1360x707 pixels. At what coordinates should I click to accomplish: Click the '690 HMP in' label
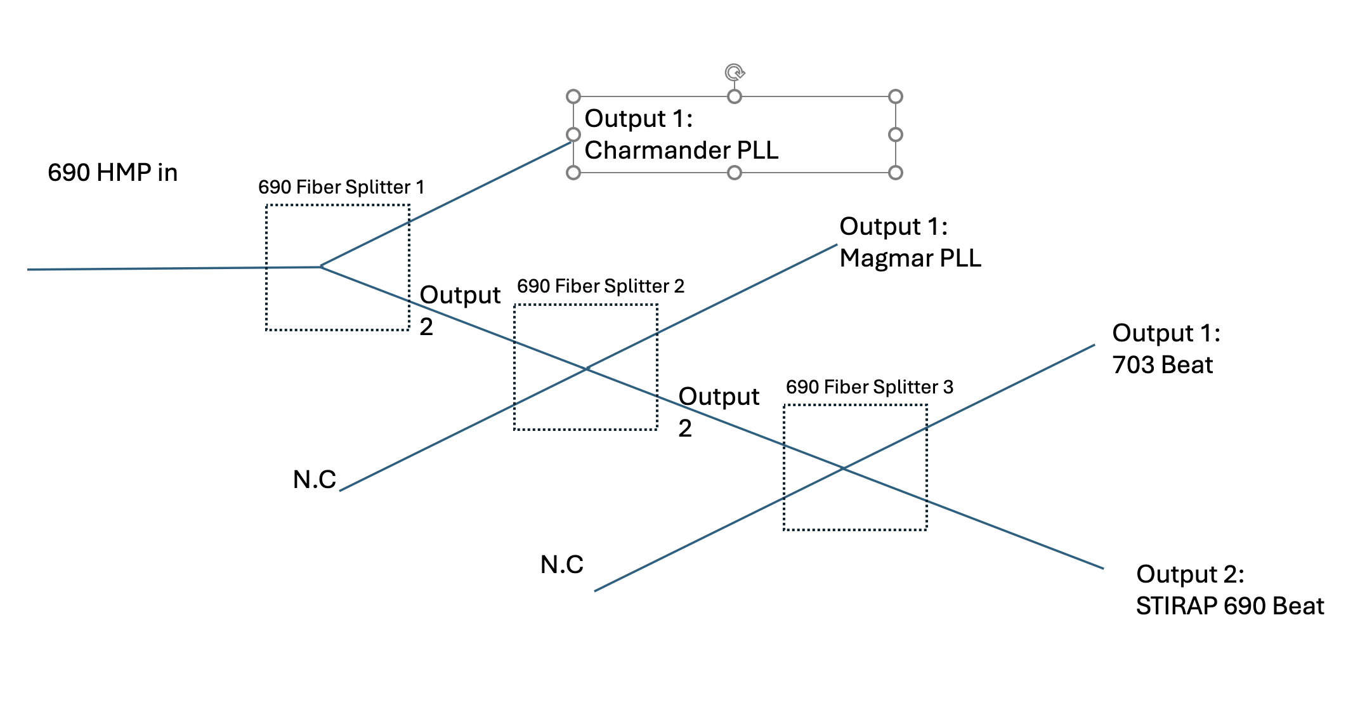[112, 173]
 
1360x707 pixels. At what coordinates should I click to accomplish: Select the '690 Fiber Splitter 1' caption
[341, 187]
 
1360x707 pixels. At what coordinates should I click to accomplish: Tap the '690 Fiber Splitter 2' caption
[600, 286]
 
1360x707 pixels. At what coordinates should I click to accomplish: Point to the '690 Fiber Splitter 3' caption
[869, 387]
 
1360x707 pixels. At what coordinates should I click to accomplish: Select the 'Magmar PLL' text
[910, 258]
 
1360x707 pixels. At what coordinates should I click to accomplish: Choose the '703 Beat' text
[1162, 365]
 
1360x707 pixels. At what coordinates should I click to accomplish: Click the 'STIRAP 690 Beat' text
[1229, 606]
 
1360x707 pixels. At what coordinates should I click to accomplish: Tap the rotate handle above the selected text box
[735, 72]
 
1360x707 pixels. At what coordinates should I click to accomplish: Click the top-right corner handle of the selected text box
[895, 96]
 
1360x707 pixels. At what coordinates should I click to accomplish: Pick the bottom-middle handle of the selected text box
[735, 173]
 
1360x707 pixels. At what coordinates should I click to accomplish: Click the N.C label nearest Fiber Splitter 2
[315, 480]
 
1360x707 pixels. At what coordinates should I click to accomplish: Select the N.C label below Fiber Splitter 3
[561, 564]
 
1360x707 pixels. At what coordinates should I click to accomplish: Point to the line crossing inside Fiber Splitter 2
[587, 368]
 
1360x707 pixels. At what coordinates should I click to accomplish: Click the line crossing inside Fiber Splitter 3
[844, 468]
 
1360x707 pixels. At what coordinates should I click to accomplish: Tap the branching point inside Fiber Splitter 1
[321, 267]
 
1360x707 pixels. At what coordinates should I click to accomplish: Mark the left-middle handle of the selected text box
[573, 135]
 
